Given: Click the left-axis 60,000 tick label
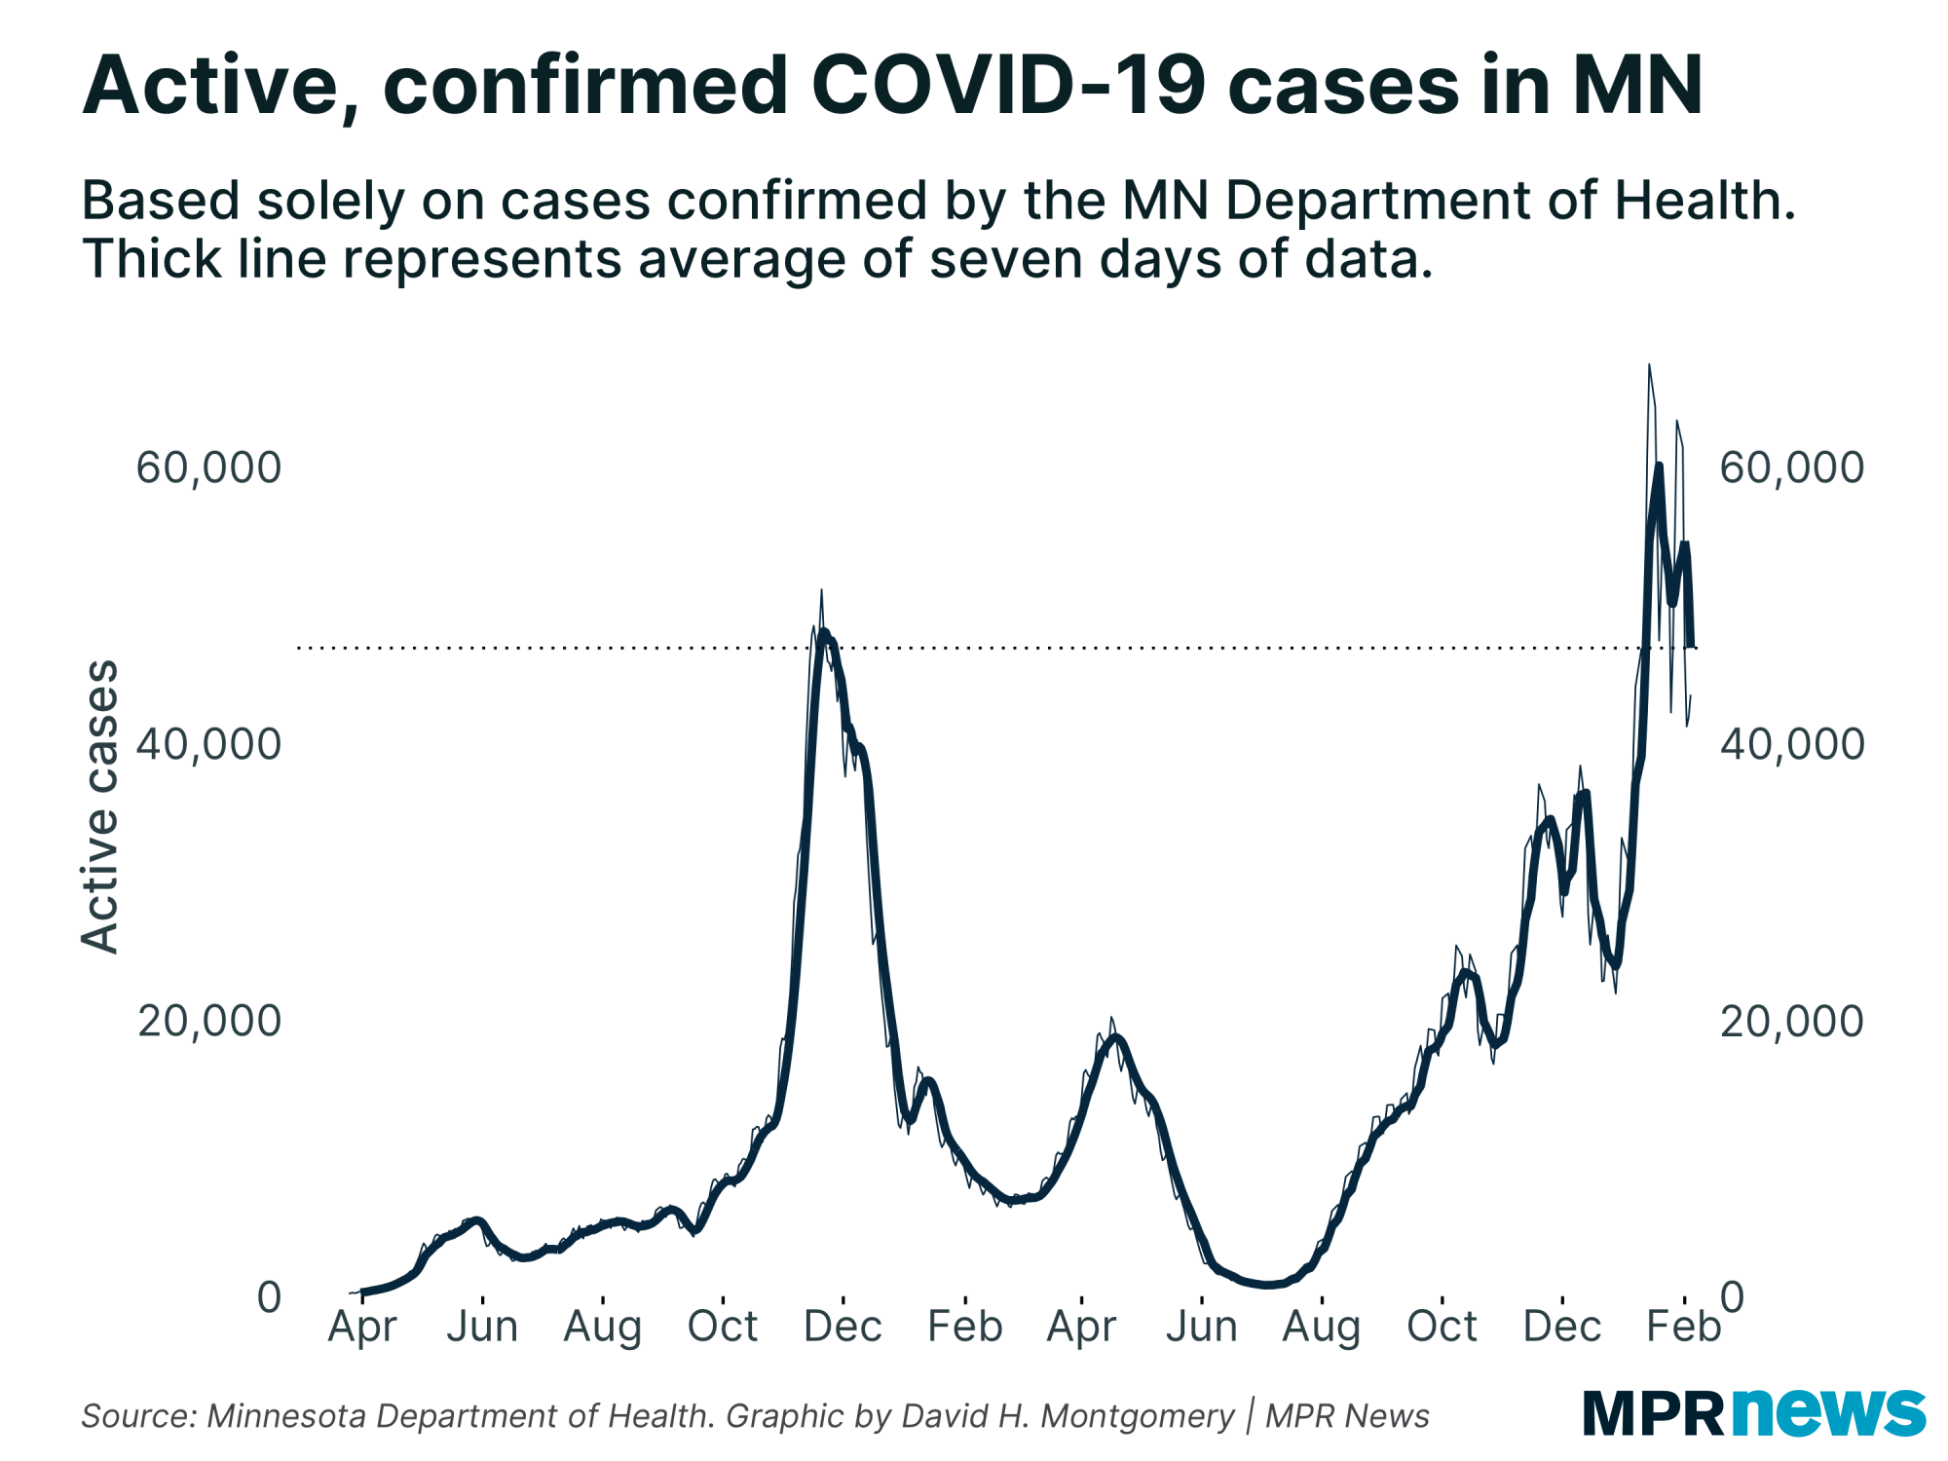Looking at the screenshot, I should coord(208,468).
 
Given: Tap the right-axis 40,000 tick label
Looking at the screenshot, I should coord(1791,744).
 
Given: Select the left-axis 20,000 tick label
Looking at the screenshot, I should coord(208,1021).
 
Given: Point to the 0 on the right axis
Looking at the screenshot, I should coord(1732,1296).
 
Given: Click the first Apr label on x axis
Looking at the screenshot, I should coord(362,1327).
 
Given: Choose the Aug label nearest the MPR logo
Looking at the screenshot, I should coord(1321,1327).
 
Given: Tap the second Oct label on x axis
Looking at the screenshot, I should coord(1442,1327).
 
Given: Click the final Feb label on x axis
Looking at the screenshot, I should coord(1683,1327).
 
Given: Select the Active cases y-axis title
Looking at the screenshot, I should coord(99,806).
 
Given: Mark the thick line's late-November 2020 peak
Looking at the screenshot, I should coord(824,633).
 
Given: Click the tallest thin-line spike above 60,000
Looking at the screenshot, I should coord(1649,366).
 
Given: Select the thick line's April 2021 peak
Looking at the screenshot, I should coord(1116,1037).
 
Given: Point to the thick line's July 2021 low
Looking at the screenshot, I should coord(1268,1285).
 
